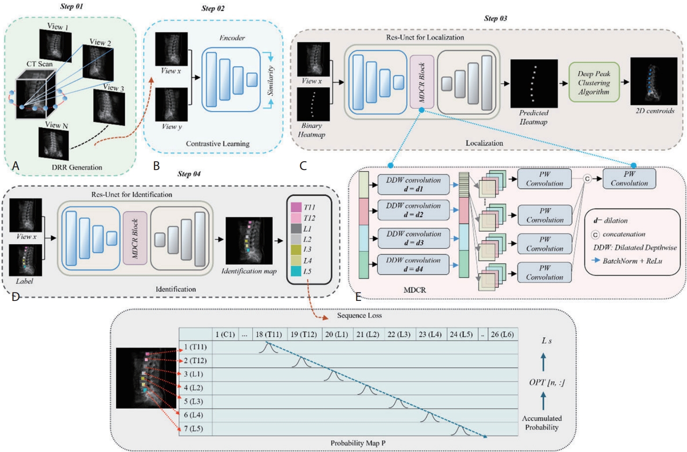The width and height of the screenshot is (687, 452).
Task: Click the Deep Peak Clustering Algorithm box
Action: (594, 82)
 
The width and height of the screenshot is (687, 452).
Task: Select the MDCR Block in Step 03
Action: (422, 82)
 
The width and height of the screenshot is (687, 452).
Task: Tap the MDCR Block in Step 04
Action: (135, 238)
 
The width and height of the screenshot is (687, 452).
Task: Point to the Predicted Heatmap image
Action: (534, 83)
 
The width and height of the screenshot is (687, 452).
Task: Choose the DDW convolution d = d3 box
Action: (413, 238)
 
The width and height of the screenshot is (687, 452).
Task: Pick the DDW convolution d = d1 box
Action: (413, 184)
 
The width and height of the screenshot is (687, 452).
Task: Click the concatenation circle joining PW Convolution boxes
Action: (587, 179)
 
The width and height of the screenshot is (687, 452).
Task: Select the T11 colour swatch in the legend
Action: (296, 207)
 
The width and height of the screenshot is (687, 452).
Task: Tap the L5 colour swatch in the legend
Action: (296, 271)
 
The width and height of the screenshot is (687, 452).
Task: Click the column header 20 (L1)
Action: (337, 334)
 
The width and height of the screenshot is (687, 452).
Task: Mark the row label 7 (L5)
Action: (193, 429)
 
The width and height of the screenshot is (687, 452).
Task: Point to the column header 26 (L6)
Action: (502, 334)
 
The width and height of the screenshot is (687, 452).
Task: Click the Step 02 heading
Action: (213, 8)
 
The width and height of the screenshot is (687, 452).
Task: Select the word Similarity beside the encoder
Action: (271, 81)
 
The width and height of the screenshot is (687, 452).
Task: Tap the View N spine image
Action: (54, 143)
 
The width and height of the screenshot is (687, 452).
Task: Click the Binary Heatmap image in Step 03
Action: (313, 104)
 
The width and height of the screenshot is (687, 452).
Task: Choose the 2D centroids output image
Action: (654, 81)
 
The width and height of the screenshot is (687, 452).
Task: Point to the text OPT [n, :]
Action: (546, 382)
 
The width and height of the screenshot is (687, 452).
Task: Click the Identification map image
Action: (249, 241)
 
